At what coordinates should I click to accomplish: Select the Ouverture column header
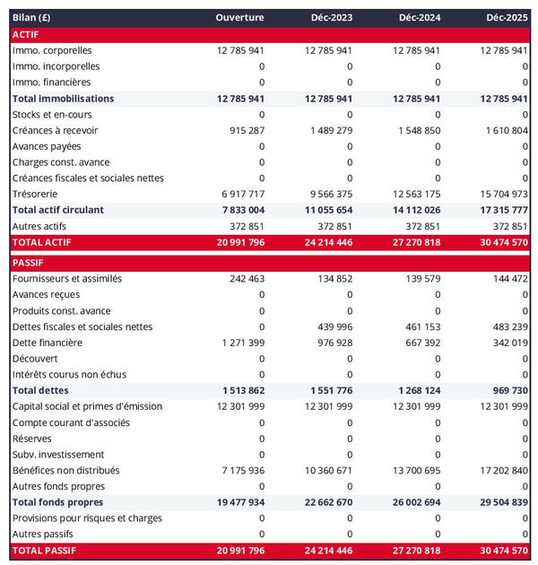coord(240,18)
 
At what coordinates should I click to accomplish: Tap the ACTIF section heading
coord(26,34)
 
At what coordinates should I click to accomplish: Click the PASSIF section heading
coord(28,263)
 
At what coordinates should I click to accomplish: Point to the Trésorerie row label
coord(35,194)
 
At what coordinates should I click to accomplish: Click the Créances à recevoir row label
coord(56,130)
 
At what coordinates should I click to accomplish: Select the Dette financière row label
coord(48,343)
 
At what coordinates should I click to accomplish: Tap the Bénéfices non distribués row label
coord(66,470)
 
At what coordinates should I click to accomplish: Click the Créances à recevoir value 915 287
coord(242,130)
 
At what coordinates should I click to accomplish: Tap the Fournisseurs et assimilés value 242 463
coord(242,279)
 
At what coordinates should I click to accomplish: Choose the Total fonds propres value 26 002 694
coord(412,502)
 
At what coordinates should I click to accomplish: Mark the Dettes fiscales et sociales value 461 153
coord(420,326)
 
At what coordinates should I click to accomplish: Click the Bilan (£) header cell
coord(31,18)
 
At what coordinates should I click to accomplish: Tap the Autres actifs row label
coord(37,226)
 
